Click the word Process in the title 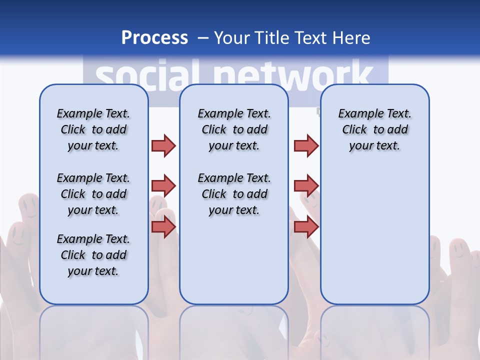click(154, 38)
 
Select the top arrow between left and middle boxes click(163, 145)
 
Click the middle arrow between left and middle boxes click(163, 186)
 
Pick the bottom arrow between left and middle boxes click(163, 227)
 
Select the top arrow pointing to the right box click(306, 145)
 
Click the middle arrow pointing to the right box click(306, 186)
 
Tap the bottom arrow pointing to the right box click(306, 227)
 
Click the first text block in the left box click(93, 129)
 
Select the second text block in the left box click(93, 194)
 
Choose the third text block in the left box click(93, 255)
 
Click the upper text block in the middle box click(234, 129)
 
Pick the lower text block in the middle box click(234, 194)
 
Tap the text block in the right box click(374, 129)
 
